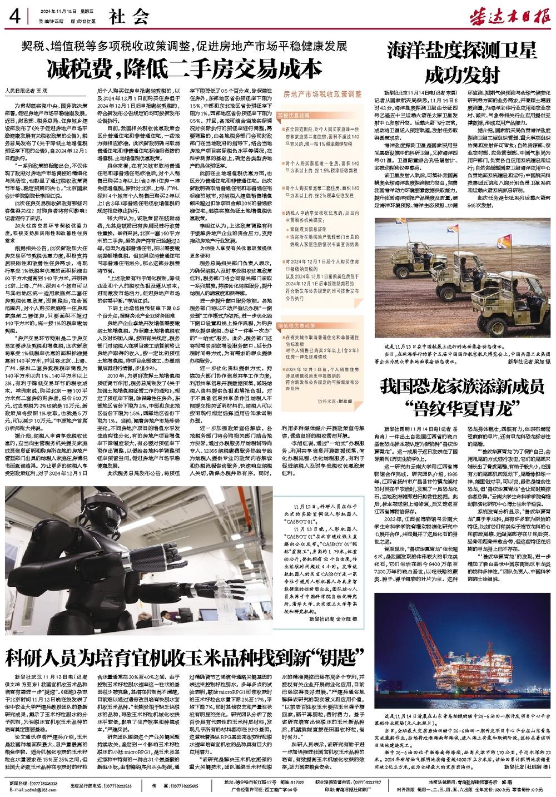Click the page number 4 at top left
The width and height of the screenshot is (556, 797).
14,16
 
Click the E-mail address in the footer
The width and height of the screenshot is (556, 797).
33,790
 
